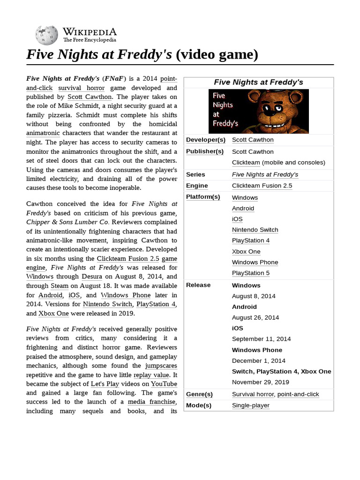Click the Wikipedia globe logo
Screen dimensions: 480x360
click(47, 35)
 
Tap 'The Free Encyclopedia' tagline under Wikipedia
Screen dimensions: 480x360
click(90, 40)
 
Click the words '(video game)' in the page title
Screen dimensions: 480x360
click(217, 55)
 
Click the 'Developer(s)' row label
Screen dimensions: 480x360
click(206, 140)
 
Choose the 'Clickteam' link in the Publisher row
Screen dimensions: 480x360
click(246, 162)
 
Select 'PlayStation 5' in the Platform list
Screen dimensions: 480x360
click(251, 273)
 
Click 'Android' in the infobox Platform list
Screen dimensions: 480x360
click(243, 208)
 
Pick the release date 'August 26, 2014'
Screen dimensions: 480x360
click(255, 317)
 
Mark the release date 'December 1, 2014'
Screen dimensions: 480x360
click(258, 360)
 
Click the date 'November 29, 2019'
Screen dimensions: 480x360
click(261, 382)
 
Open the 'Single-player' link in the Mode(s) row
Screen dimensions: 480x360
click(251, 405)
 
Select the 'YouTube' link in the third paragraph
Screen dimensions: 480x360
click(161, 383)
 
